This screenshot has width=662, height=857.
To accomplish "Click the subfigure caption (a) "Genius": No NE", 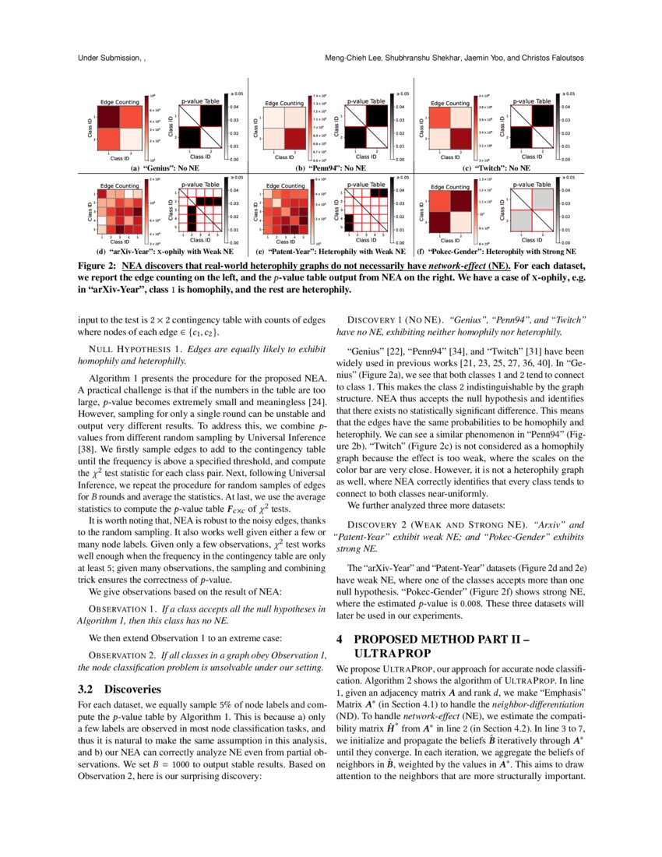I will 164,168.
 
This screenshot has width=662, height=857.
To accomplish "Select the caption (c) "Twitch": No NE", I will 496,168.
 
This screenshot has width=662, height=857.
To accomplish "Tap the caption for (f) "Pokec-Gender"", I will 496,252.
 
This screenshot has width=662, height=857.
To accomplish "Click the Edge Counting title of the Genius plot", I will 118,102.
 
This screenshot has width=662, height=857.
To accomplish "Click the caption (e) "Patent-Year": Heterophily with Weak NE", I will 331,252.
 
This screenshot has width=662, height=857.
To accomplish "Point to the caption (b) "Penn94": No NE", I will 331,168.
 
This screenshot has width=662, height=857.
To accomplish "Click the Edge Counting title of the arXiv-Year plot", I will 119,186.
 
